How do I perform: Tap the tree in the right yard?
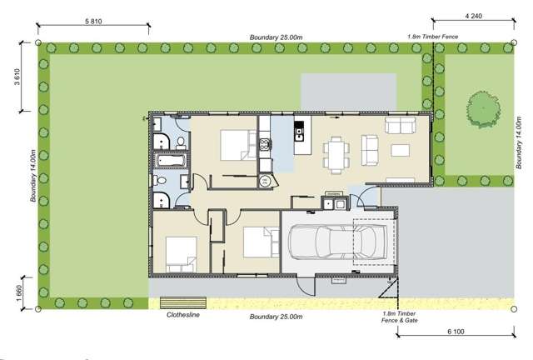pyautogui.click(x=482, y=108)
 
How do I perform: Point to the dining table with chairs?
pyautogui.click(x=336, y=153)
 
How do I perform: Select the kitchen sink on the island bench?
pyautogui.click(x=300, y=131)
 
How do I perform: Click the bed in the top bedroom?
pyautogui.click(x=237, y=147)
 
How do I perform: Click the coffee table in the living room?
pyautogui.click(x=401, y=151)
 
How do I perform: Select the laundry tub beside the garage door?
pyautogui.click(x=333, y=205)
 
